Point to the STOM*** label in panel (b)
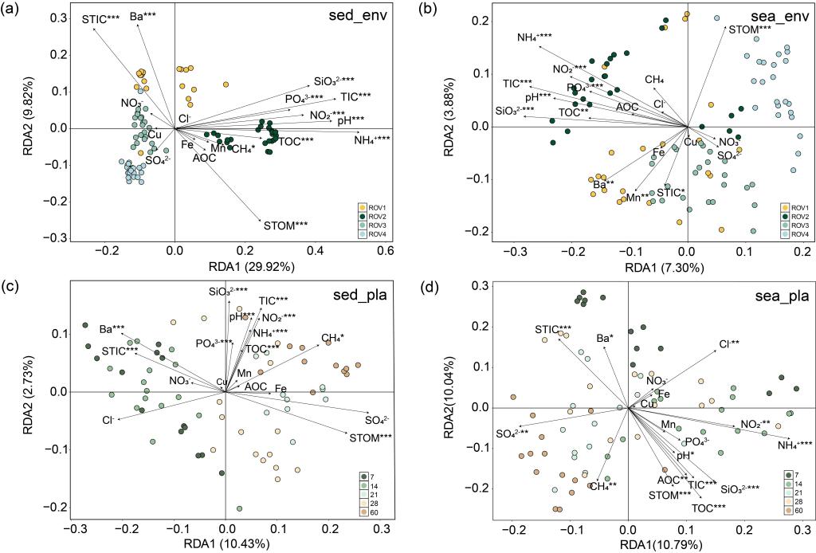pos(751,30)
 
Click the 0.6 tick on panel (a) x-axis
pos(385,250)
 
